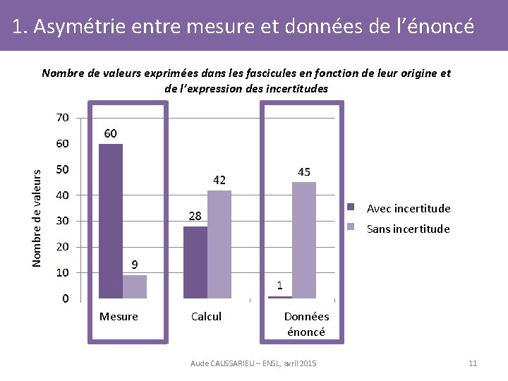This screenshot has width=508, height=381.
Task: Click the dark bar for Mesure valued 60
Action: [111, 221]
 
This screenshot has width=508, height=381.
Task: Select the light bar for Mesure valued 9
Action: [134, 286]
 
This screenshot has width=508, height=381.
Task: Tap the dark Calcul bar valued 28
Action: [195, 262]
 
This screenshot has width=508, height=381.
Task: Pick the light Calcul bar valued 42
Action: [219, 244]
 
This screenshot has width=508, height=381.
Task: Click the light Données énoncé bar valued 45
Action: [304, 240]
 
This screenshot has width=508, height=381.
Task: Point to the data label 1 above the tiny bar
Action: [280, 285]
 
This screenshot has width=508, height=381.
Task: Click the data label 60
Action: [111, 133]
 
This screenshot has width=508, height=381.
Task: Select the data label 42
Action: [219, 180]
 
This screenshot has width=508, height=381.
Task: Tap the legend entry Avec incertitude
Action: [408, 208]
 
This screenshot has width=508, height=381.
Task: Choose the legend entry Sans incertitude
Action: [408, 229]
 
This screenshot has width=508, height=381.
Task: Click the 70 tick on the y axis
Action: [63, 118]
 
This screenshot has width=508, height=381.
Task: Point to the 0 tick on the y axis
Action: [66, 298]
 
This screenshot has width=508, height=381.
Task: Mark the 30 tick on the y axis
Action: [63, 221]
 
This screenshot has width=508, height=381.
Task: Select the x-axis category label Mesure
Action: [119, 317]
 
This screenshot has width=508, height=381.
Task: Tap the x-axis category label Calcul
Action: [206, 317]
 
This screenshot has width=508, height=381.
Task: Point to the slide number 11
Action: [473, 363]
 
